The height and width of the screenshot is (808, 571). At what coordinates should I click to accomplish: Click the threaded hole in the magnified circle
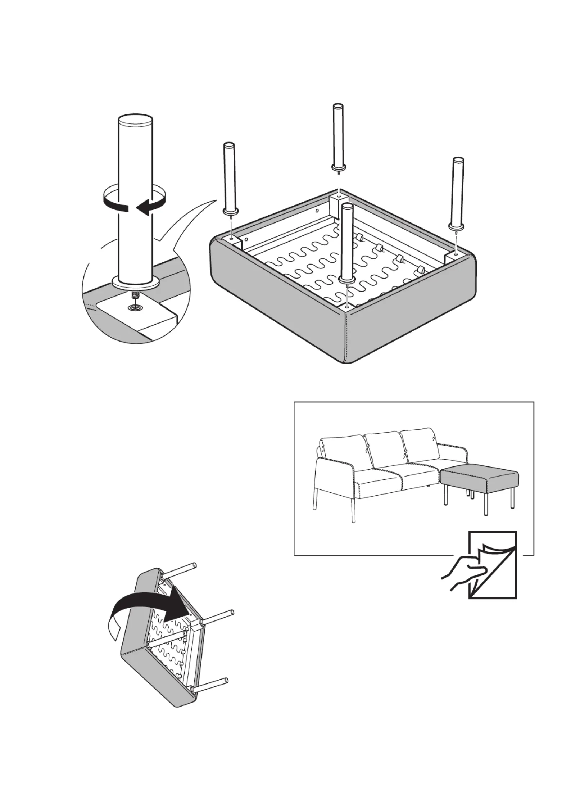point(135,308)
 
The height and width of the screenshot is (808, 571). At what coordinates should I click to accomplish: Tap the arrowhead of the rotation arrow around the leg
point(143,208)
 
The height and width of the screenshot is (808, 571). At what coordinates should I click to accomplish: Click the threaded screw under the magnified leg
point(135,294)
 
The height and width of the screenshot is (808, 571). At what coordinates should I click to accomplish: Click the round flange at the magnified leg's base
point(135,283)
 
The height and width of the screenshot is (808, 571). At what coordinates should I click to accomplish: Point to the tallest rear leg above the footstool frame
point(338,137)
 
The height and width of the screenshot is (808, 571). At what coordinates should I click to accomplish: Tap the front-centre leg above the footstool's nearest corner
point(347,241)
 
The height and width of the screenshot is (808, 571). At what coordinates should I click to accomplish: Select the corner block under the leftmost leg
point(233,240)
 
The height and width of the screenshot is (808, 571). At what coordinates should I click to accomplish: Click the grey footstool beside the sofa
point(480,479)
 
